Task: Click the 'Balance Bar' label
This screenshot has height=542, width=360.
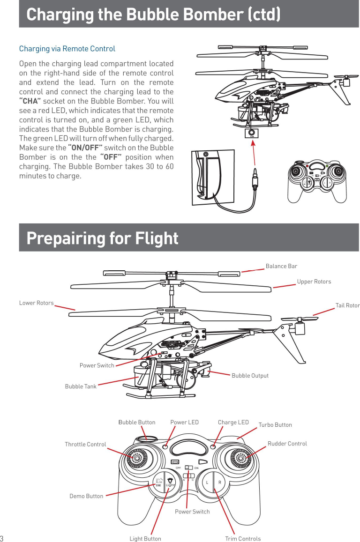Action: (281, 266)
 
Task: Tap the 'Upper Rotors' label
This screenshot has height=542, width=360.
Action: (314, 282)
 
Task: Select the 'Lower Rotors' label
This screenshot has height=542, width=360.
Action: (36, 303)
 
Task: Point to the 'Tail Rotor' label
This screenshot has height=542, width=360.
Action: (347, 305)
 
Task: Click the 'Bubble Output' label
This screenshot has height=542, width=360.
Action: (250, 375)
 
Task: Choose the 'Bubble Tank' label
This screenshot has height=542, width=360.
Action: (81, 386)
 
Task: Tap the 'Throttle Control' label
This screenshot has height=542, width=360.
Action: (85, 444)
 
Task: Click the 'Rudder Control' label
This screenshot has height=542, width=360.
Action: (287, 443)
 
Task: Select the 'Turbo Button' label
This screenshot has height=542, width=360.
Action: (275, 425)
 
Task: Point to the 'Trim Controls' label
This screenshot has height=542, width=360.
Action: (243, 539)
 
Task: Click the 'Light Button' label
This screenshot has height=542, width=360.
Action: (145, 539)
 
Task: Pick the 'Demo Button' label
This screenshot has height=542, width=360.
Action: (86, 496)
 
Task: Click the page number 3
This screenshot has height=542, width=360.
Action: (2, 538)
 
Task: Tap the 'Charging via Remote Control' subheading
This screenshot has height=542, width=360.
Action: (67, 49)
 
